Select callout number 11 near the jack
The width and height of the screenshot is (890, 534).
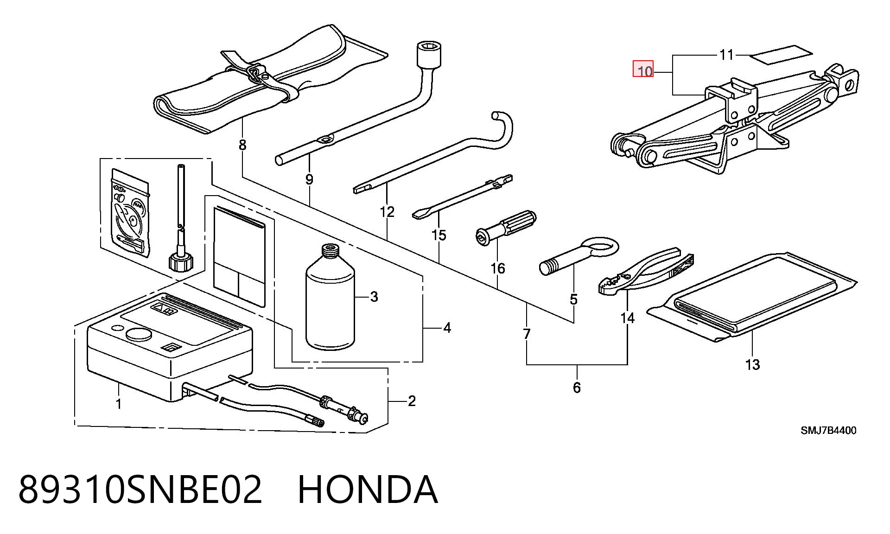tap(726, 55)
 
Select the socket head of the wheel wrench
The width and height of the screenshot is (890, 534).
tap(429, 55)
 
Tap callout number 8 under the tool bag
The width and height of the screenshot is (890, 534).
tap(242, 146)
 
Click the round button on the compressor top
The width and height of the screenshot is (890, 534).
tap(139, 335)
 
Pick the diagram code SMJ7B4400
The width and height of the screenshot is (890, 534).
tap(829, 431)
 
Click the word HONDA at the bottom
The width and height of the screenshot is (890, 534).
tap(367, 489)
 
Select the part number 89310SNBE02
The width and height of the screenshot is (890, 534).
tap(140, 489)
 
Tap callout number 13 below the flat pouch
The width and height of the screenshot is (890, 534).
tap(752, 365)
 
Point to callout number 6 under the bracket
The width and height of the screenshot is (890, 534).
tap(577, 388)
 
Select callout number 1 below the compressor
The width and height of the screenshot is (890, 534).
tap(119, 404)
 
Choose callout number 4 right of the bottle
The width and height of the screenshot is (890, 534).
tap(447, 328)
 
